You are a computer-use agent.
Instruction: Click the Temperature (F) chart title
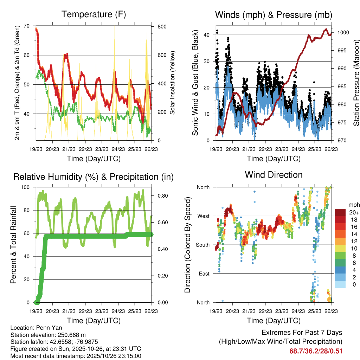pyautogui.click(x=94, y=14)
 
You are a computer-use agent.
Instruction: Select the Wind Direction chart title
pyautogui.click(x=274, y=175)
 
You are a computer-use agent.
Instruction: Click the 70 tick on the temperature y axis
pyautogui.click(x=27, y=26)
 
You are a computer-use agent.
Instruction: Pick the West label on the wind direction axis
pyautogui.click(x=203, y=216)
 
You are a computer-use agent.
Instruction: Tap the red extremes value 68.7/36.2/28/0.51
pyautogui.click(x=316, y=351)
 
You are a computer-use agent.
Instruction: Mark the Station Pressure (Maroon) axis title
pyautogui.click(x=356, y=83)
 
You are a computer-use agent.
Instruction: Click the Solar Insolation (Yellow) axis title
pyautogui.click(x=172, y=83)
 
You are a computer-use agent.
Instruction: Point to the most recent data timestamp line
pyautogui.click(x=76, y=356)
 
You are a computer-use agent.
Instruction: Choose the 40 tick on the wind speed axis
pyautogui.click(x=207, y=35)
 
